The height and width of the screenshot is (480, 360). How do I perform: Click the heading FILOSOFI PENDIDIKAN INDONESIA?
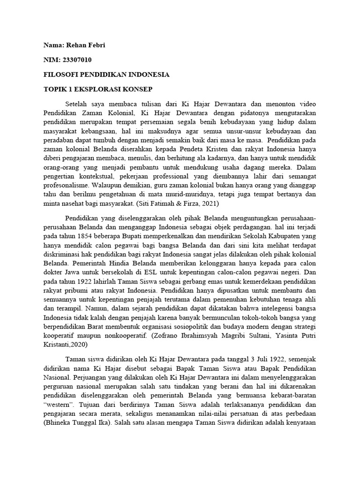click(106, 75)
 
